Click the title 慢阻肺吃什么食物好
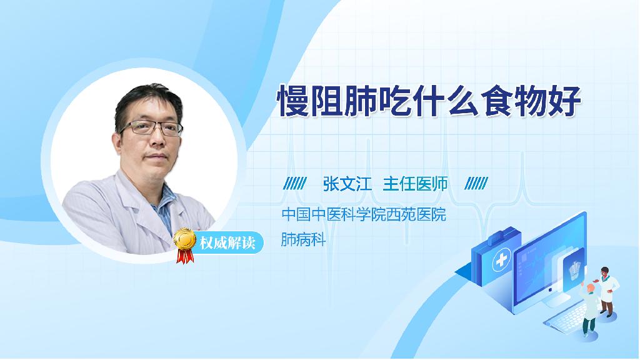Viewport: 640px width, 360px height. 429,101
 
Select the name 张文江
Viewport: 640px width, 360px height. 347,184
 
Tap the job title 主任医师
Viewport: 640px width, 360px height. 415,184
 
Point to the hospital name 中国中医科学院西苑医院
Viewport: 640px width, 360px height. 364,214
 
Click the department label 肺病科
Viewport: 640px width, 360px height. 303,239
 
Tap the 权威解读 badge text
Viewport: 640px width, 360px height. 227,243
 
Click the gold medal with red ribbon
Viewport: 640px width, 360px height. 185,245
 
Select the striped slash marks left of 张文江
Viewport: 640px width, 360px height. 295,184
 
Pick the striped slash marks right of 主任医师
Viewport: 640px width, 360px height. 476,184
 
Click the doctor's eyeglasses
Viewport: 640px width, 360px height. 151,127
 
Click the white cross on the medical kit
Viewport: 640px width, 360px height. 501,260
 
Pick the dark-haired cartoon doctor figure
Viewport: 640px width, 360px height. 607,291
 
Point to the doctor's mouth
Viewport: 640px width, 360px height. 156,156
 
